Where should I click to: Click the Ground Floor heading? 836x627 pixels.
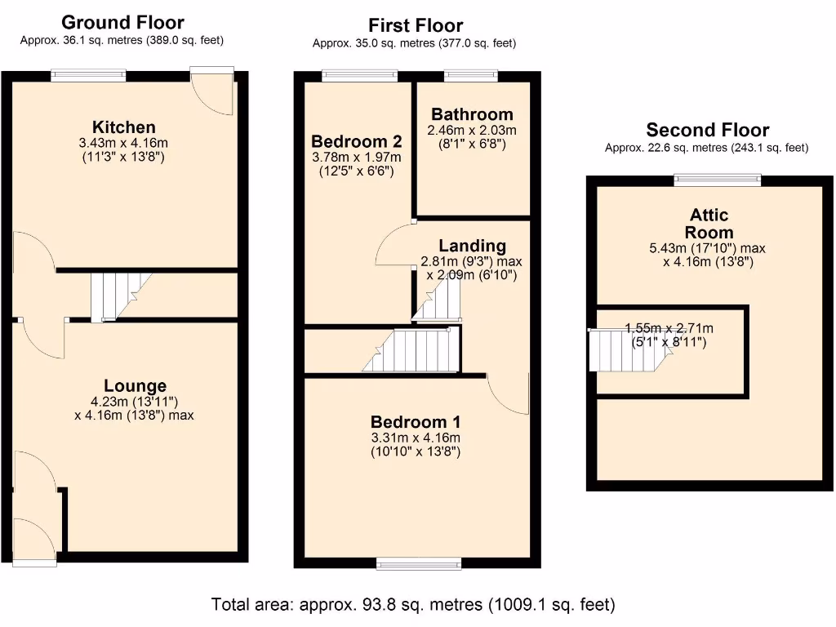[122, 22]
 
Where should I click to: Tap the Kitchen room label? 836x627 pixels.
[123, 127]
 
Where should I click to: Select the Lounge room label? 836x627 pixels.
[135, 386]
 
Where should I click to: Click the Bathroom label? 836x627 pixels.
[472, 114]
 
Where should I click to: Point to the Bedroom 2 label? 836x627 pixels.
[356, 141]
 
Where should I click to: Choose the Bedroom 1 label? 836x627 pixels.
[416, 422]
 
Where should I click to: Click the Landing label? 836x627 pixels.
[472, 246]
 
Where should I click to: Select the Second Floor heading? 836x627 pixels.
[707, 130]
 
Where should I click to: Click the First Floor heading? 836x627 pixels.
[416, 26]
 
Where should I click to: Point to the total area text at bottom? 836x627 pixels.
[413, 605]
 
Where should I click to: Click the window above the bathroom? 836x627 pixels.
[471, 76]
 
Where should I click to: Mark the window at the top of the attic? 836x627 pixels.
[717, 180]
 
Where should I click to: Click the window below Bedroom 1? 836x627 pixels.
[418, 563]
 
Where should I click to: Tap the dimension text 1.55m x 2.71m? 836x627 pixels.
[669, 335]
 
